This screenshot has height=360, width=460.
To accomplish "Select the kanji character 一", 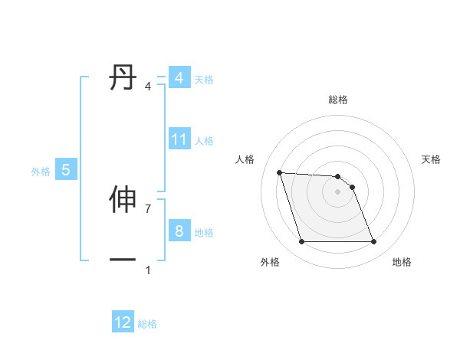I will pos(123,260).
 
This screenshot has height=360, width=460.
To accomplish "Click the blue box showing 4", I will pos(179,78).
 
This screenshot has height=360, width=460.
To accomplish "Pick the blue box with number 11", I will pos(179,139).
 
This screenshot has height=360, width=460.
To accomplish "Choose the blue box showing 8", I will pos(179,231).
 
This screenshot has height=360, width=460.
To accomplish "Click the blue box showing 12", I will pos(123,322).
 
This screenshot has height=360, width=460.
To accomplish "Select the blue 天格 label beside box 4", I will pos(204,80).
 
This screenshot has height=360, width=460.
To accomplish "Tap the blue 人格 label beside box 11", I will pos(204,141).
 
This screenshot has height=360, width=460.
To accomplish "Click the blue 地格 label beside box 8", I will pos(204,233).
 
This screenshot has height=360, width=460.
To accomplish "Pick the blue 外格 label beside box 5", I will pos(41,172).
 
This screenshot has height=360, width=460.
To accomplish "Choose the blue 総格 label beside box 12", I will pos(147,324).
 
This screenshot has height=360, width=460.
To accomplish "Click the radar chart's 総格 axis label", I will pos(338,100).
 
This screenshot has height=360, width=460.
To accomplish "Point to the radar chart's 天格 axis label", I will pos(432,159).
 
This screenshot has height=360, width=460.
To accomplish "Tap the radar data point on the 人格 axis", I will pos(279,172).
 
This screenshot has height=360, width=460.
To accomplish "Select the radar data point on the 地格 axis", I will pos(373,242).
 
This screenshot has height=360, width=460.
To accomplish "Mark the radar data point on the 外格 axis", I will pos(301,242).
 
